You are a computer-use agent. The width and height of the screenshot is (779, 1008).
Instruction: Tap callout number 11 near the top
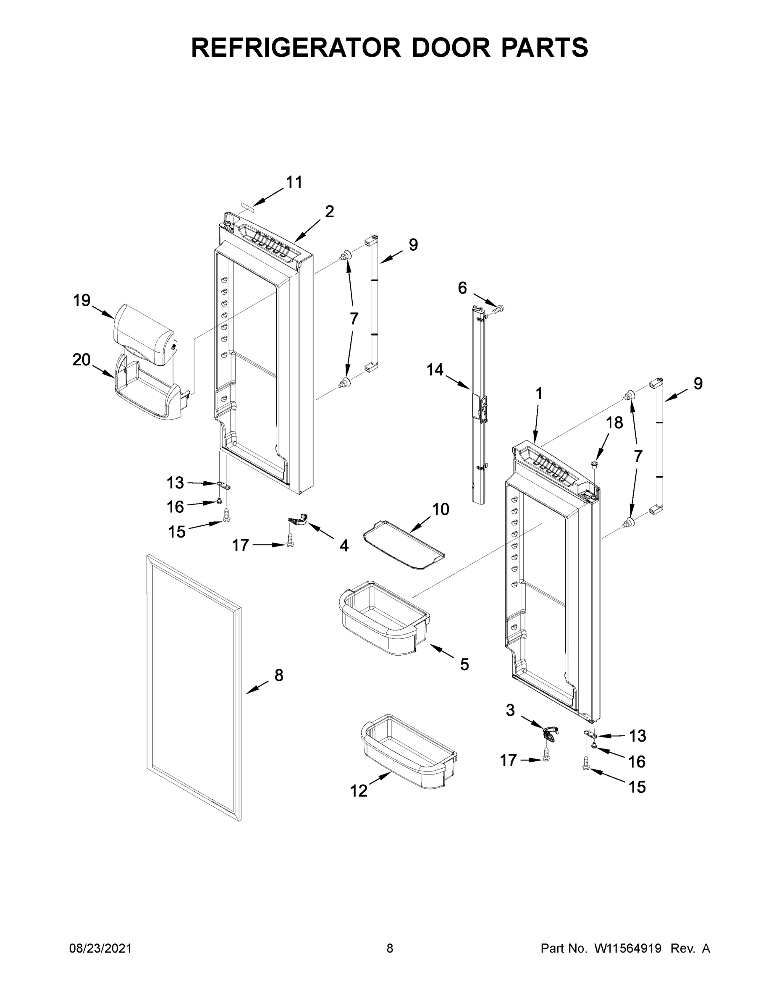coord(294,182)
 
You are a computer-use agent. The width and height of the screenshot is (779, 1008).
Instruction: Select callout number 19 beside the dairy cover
coord(82,300)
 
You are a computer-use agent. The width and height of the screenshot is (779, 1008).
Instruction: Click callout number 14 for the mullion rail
coord(435,370)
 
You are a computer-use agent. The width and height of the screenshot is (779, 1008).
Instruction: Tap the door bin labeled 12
coord(409,750)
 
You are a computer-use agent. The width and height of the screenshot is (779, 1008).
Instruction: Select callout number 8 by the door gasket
coord(279,675)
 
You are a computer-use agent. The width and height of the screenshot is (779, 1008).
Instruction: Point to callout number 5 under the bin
coord(464,664)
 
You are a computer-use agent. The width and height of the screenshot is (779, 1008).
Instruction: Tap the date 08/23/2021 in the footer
coord(100,948)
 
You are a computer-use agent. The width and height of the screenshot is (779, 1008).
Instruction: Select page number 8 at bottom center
coord(390,948)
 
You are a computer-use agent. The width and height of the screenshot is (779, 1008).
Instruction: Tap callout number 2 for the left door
coord(329,211)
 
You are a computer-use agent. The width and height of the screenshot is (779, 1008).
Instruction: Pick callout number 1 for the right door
coord(538,394)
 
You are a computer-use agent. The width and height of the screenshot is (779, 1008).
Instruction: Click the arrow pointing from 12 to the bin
coord(379,779)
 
